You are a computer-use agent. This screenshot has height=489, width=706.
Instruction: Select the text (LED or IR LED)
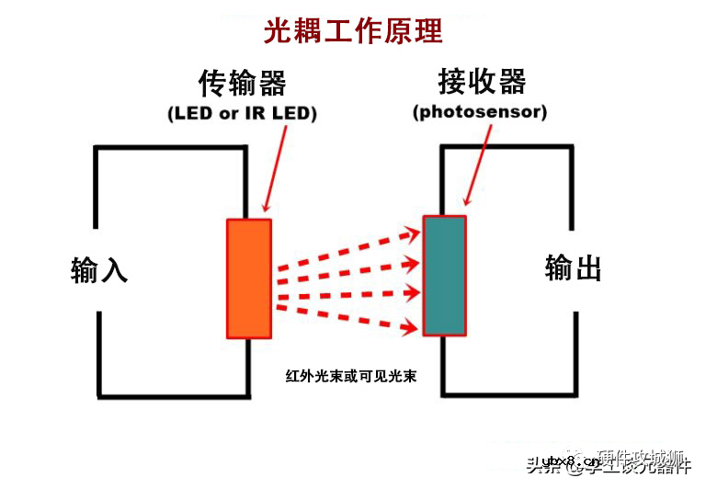pyautogui.click(x=242, y=113)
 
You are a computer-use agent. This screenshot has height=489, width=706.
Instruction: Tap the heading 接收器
pyautogui.click(x=482, y=82)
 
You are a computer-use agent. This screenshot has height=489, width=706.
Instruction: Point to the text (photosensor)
pyautogui.click(x=480, y=112)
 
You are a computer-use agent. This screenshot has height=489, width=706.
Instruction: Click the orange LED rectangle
pyautogui.click(x=249, y=279)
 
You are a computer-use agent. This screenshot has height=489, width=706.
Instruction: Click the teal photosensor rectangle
pyautogui.click(x=445, y=275)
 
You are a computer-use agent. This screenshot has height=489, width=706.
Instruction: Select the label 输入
pyautogui.click(x=99, y=270)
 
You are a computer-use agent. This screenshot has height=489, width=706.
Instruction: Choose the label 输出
pyautogui.click(x=574, y=268)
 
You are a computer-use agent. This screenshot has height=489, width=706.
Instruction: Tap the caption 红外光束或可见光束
pyautogui.click(x=352, y=376)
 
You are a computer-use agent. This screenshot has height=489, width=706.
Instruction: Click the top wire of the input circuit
pyautogui.click(x=171, y=148)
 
